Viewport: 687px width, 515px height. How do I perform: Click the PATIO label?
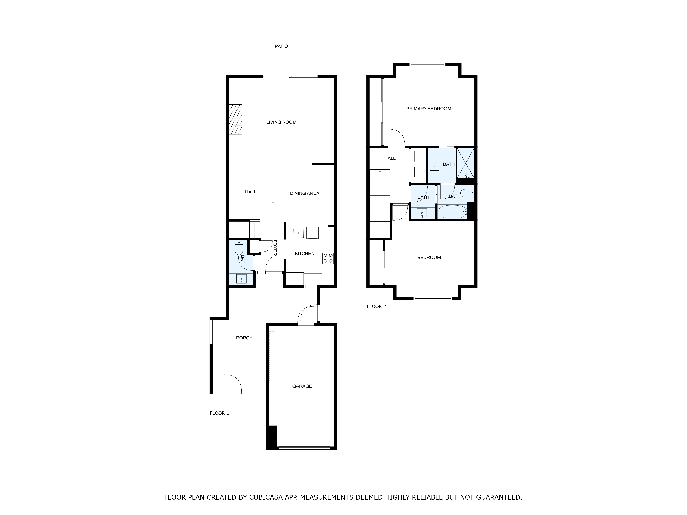pyautogui.click(x=281, y=46)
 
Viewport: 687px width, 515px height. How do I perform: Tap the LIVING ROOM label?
pyautogui.click(x=281, y=122)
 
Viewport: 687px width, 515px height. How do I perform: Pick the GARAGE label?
pyautogui.click(x=302, y=386)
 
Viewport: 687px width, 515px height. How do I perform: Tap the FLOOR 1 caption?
pyautogui.click(x=219, y=413)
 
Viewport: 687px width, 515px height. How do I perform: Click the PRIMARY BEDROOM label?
pyautogui.click(x=428, y=109)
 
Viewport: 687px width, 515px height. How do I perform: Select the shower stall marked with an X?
pyautogui.click(x=465, y=163)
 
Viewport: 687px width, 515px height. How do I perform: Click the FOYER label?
pyautogui.click(x=275, y=248)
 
